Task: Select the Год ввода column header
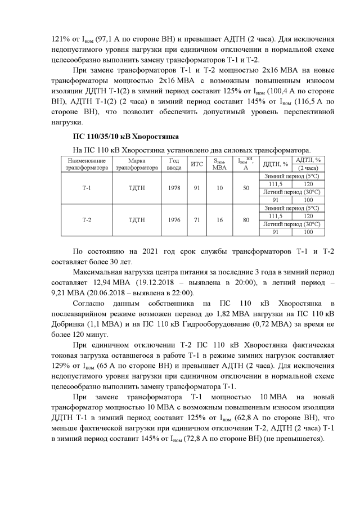(174, 164)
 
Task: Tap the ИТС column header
(197, 164)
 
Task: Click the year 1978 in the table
(174, 188)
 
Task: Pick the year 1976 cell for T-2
(174, 220)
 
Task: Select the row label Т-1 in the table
(87, 188)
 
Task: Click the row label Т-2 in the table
(87, 220)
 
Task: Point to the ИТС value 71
(197, 220)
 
